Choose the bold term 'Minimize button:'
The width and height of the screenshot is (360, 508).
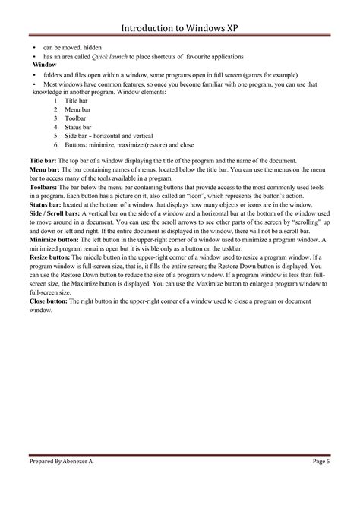point(55,239)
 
